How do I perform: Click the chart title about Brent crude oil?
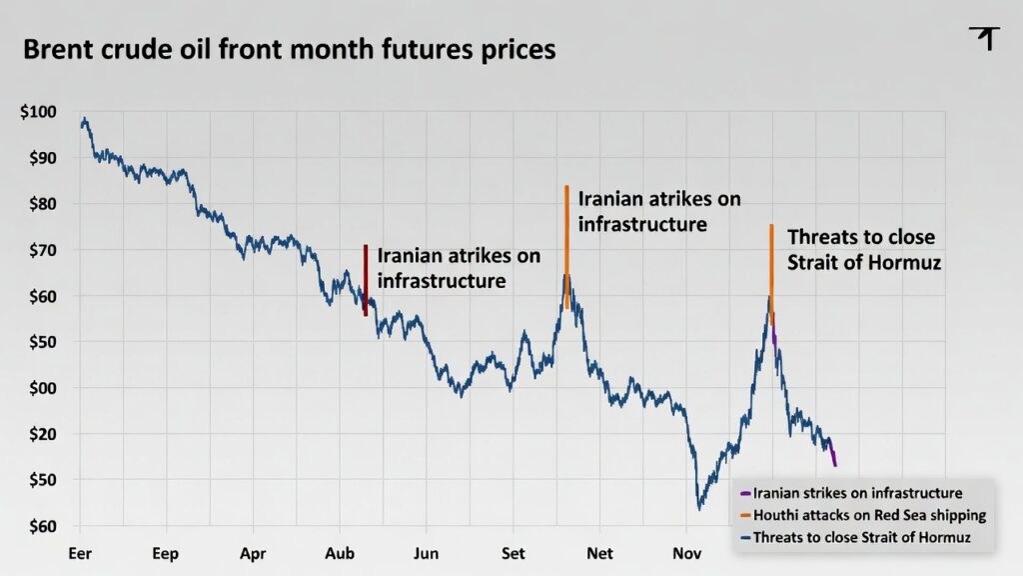coord(289,49)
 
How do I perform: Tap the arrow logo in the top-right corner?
coord(985,38)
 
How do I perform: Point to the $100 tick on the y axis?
coord(38,112)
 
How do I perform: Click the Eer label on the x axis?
coord(80,553)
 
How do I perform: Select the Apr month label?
coord(254,553)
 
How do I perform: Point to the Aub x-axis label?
coord(341,553)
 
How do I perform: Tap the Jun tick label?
coord(427,553)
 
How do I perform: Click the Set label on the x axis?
coord(513,553)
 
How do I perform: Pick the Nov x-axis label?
coord(687,553)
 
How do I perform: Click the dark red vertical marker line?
coord(366,280)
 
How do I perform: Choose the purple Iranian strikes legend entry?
coord(857,493)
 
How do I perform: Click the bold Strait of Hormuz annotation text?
coord(864,250)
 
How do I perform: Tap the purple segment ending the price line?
coord(832,452)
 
